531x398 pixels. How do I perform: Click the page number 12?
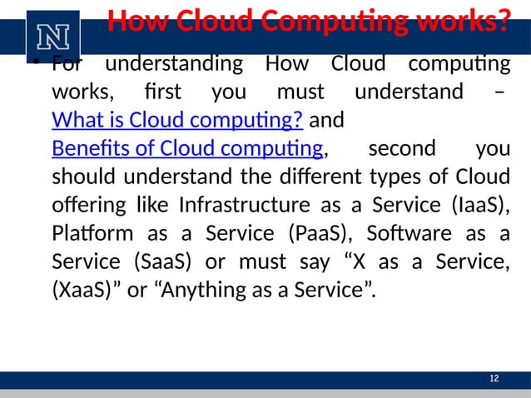point(494,380)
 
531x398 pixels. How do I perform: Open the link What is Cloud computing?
point(176,122)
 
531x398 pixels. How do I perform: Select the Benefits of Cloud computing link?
point(187,150)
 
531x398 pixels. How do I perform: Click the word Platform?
point(89,234)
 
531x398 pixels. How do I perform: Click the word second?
point(401,150)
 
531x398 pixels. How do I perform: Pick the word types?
point(395,178)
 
